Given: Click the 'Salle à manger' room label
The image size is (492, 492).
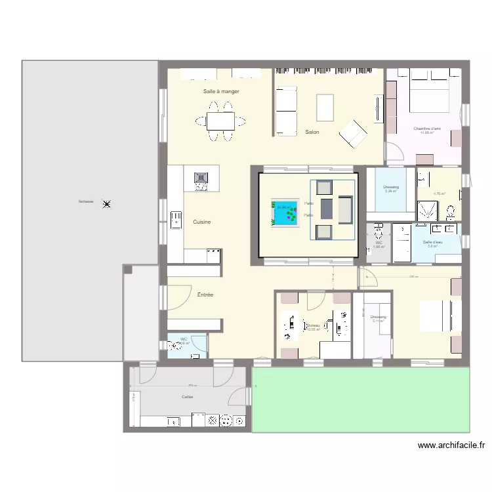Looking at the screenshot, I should click(221, 92).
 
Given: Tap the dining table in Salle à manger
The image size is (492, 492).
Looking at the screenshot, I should click(221, 121).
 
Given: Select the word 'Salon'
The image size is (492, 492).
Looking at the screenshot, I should click(312, 133).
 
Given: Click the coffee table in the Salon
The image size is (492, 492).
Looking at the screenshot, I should click(325, 106).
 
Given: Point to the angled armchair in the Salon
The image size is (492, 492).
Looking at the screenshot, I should click(354, 134).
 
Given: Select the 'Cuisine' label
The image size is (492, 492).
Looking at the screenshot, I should click(202, 222).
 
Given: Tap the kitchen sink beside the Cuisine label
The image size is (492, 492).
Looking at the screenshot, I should click(176, 220).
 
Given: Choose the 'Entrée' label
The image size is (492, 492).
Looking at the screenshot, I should click(205, 295).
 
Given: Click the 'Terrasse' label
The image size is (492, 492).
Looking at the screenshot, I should click(85, 201).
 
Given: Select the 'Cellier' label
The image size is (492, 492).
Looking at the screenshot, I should click(188, 397).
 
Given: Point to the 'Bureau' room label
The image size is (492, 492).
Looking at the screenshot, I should click(313, 325).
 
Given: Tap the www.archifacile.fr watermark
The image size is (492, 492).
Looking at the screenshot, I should click(452, 445).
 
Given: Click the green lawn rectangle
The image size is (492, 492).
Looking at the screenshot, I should click(361, 399).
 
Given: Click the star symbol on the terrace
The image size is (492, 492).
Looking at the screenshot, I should click(107, 204).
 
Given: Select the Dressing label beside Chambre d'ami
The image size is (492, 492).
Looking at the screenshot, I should click(391, 188).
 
